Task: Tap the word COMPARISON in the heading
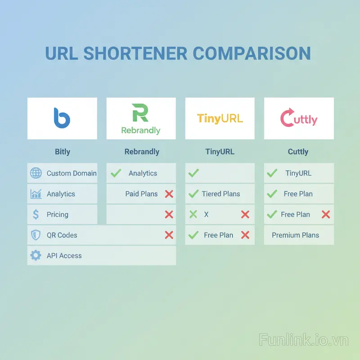[252, 54]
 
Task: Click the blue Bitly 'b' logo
[62, 118]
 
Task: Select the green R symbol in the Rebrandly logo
[140, 112]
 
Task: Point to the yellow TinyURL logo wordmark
[220, 118]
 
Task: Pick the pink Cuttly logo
[299, 118]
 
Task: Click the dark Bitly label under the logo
[62, 152]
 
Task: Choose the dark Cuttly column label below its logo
[298, 152]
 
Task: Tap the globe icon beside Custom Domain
[36, 173]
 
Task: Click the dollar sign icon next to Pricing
[36, 215]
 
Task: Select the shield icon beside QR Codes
[36, 235]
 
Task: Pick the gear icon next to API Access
[36, 256]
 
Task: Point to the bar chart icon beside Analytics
[36, 194]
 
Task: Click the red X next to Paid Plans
[169, 194]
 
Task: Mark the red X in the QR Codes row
[169, 235]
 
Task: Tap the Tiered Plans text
[220, 194]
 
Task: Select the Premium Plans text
[295, 235]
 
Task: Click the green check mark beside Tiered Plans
[193, 194]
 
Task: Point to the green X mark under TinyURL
[193, 215]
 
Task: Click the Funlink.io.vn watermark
[304, 340]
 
